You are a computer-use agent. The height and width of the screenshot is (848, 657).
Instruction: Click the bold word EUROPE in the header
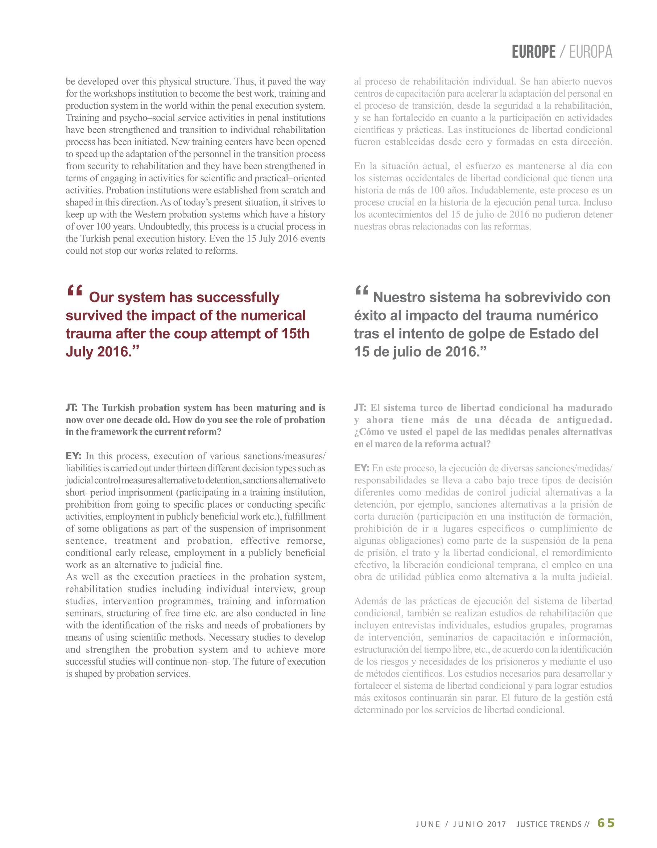[x=533, y=52]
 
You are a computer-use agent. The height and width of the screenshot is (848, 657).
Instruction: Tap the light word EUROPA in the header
[x=591, y=52]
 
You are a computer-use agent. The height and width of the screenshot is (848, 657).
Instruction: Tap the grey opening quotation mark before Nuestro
[x=361, y=292]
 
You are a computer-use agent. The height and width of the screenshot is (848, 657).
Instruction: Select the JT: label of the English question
[x=72, y=408]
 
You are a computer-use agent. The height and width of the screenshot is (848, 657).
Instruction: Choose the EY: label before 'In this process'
[x=73, y=456]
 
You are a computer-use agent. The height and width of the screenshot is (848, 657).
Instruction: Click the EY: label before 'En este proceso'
[x=362, y=468]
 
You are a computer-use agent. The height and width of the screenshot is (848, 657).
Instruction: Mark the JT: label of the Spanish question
[x=360, y=408]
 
